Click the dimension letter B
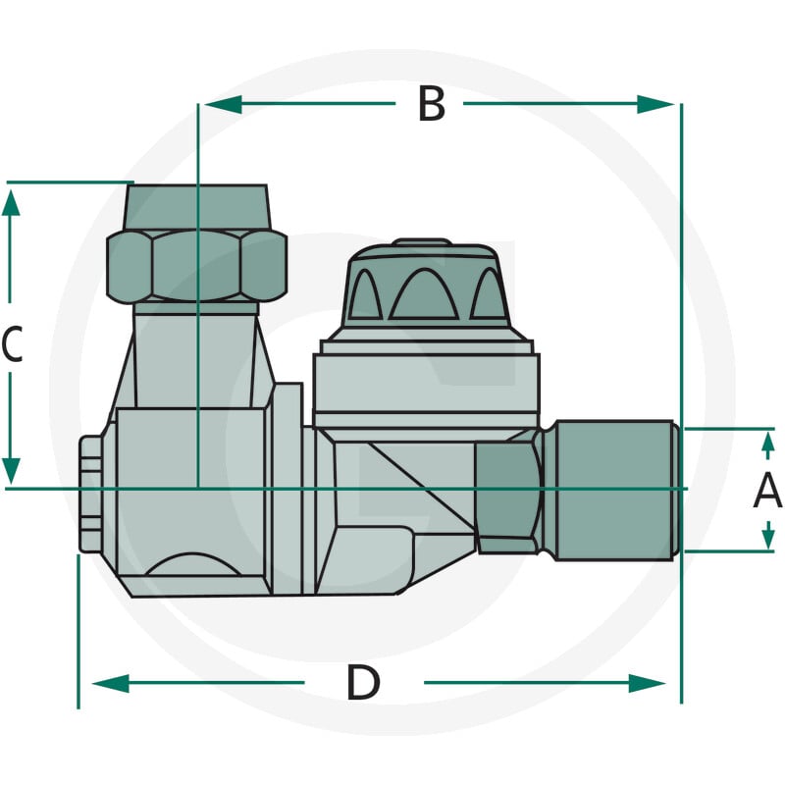pos(431,104)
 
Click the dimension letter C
pos(12,344)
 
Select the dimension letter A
pos(767,492)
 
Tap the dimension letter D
pos(363,682)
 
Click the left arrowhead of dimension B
pos(224,105)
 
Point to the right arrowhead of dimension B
pos(655,105)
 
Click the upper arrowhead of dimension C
pos(11,203)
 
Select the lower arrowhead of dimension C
pos(11,471)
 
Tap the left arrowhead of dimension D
pos(111,683)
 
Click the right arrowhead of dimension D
pos(647,683)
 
